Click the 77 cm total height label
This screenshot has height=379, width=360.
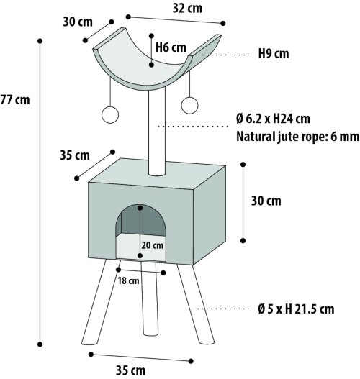pos(15,100)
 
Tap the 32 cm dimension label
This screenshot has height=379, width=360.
pos(187,8)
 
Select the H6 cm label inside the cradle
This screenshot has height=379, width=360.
pos(171,47)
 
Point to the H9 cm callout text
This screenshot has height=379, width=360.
pos(274,53)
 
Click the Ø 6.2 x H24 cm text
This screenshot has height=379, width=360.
pos(273,119)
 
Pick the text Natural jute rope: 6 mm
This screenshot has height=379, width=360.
pos(297,137)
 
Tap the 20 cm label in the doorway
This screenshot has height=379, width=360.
pos(153,245)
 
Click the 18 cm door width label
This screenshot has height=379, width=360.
pos(128,281)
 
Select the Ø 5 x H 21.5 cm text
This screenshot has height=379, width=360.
pos(296,309)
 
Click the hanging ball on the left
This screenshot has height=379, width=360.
pos(110,115)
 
